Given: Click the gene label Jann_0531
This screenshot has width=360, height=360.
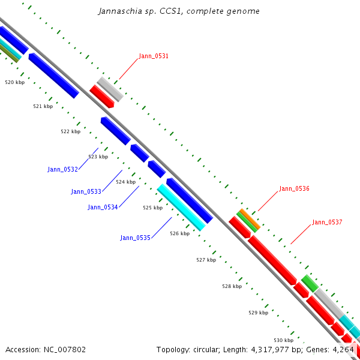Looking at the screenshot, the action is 154,56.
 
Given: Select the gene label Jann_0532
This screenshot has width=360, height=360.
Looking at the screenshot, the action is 62,170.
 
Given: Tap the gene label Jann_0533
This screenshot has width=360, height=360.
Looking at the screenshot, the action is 86,192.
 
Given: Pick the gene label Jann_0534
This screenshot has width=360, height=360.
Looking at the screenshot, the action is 103,208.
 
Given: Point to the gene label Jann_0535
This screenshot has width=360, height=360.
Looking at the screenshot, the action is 135,238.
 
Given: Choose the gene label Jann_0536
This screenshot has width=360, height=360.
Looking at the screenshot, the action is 294,189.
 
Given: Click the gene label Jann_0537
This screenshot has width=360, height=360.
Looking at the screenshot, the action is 327,223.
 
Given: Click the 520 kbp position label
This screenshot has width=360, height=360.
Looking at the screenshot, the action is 14,82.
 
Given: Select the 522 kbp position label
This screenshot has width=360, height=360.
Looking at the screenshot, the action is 70,131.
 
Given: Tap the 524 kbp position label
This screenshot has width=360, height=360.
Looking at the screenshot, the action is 125,182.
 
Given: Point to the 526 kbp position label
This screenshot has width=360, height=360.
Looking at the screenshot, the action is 179,233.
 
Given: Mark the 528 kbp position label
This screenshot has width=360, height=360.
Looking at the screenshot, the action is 232,287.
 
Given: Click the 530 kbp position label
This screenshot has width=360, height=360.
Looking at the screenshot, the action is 283,340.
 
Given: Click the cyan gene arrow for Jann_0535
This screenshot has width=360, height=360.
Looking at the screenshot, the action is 181,208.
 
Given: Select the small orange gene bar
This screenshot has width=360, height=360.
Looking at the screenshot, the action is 250,219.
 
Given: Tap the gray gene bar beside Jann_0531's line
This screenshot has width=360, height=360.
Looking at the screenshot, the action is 110,89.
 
